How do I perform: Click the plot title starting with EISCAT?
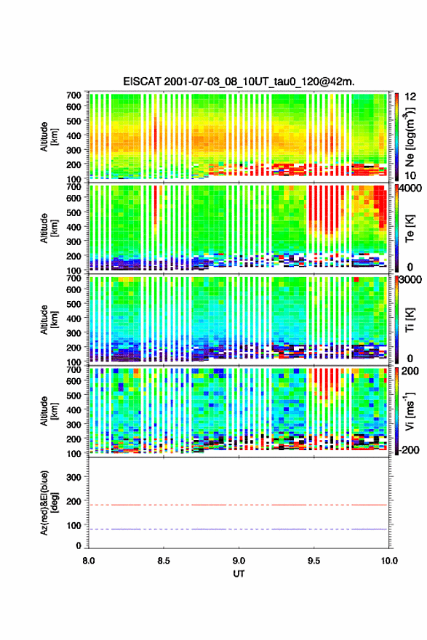(x=239, y=81)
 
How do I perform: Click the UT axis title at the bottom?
(x=239, y=574)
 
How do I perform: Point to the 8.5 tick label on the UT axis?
(x=164, y=561)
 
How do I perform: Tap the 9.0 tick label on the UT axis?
(x=239, y=561)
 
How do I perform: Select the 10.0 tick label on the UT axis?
(x=389, y=561)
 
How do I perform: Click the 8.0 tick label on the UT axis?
(x=89, y=561)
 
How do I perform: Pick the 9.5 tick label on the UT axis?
(x=314, y=561)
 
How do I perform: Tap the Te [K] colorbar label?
(x=410, y=229)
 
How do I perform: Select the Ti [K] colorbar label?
(x=410, y=321)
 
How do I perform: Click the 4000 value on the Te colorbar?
(x=411, y=188)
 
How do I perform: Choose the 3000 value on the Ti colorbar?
(x=410, y=279)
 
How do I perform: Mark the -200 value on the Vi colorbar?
(x=409, y=449)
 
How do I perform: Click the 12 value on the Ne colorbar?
(x=410, y=97)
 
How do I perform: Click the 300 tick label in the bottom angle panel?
(x=73, y=477)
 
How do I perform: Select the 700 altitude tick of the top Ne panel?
(x=73, y=95)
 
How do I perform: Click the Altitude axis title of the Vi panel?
(x=49, y=411)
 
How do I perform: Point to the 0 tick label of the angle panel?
(x=79, y=545)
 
